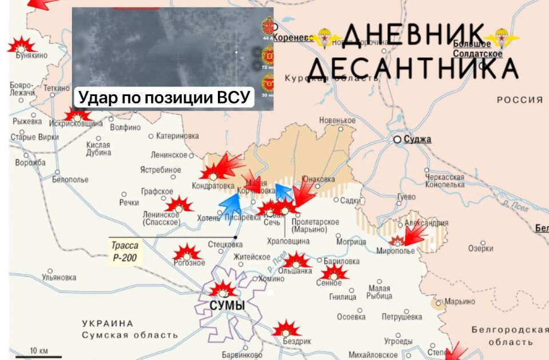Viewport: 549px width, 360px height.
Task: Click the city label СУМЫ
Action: click(227, 306)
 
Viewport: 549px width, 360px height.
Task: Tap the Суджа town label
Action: click(417, 139)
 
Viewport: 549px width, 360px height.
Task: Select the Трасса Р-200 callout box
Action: click(125, 250)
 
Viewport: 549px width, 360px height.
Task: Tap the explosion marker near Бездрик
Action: click(285, 330)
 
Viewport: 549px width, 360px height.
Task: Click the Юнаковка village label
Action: click(318, 179)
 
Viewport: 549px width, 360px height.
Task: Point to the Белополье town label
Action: click(70, 179)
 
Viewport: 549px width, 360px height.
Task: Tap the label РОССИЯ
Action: click(519, 99)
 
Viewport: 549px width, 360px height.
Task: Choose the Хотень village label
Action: click(208, 217)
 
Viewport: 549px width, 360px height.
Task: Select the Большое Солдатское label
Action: click(478, 49)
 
